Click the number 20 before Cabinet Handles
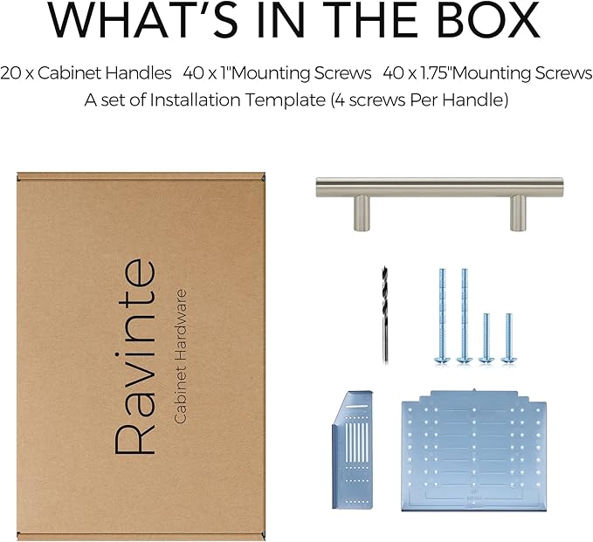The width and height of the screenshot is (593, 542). (x=10, y=73)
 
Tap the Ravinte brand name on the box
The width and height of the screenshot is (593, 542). (x=135, y=357)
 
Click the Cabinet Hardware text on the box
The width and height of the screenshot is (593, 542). (x=180, y=356)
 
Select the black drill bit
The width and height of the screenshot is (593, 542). (x=384, y=315)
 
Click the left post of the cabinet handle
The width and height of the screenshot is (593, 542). (x=362, y=213)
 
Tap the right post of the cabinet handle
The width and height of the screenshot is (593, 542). (x=518, y=213)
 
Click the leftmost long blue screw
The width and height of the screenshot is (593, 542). (x=442, y=316)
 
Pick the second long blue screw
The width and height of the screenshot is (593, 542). (x=464, y=316)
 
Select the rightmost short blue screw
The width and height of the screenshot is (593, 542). (x=508, y=339)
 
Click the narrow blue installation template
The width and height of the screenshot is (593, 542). (x=353, y=449)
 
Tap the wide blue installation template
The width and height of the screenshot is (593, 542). (x=474, y=450)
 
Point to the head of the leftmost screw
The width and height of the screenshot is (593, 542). (x=442, y=360)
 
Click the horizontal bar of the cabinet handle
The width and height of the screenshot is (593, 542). (x=440, y=187)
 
